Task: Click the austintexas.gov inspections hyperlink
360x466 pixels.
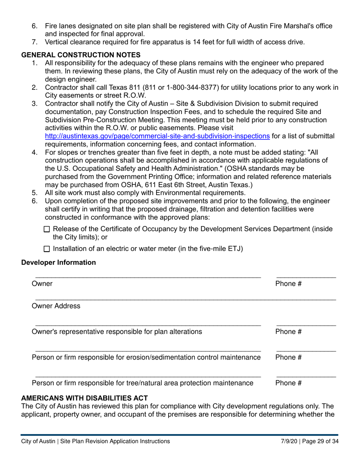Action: tap(157, 136)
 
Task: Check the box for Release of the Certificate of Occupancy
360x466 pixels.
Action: tap(47, 229)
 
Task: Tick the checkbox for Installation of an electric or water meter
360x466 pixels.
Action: tap(47, 249)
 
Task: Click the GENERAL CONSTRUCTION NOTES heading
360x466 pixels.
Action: tap(81, 55)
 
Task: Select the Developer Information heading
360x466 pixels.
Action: tap(59, 263)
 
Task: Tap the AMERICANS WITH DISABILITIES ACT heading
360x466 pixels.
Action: tap(85, 398)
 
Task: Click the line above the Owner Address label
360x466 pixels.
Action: tap(185, 299)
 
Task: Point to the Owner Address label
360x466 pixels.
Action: tap(56, 306)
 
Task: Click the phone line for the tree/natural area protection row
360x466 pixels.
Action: tap(306, 376)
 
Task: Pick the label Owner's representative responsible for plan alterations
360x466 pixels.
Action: tap(117, 332)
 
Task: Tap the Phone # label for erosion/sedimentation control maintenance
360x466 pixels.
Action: tap(288, 357)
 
